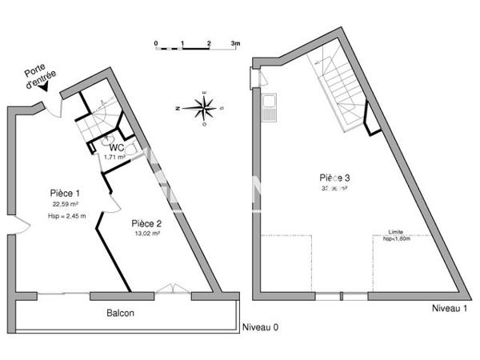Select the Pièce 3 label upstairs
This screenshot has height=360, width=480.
pyautogui.click(x=336, y=178)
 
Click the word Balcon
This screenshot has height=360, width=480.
pyautogui.click(x=121, y=313)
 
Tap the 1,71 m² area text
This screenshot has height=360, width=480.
pyautogui.click(x=114, y=158)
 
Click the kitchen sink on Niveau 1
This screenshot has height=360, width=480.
pyautogui.click(x=269, y=108)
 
